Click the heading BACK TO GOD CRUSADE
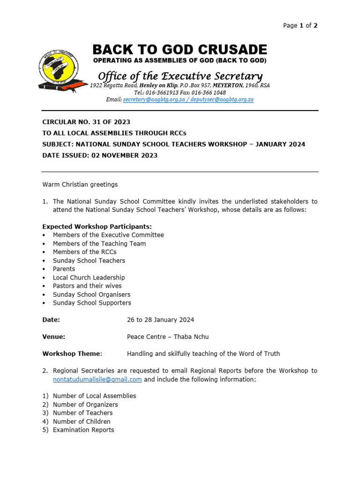click(180, 50)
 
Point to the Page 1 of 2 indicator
click(300, 26)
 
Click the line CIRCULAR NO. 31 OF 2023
click(86, 122)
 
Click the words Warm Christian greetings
click(80, 184)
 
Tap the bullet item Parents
click(64, 269)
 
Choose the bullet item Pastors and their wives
click(87, 286)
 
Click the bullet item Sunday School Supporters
click(92, 303)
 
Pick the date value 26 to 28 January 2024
click(160, 320)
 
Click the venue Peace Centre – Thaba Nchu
click(168, 337)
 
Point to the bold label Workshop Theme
click(72, 353)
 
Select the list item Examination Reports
click(83, 430)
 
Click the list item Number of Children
click(82, 421)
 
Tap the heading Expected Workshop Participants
click(97, 226)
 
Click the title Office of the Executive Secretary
click(180, 76)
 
